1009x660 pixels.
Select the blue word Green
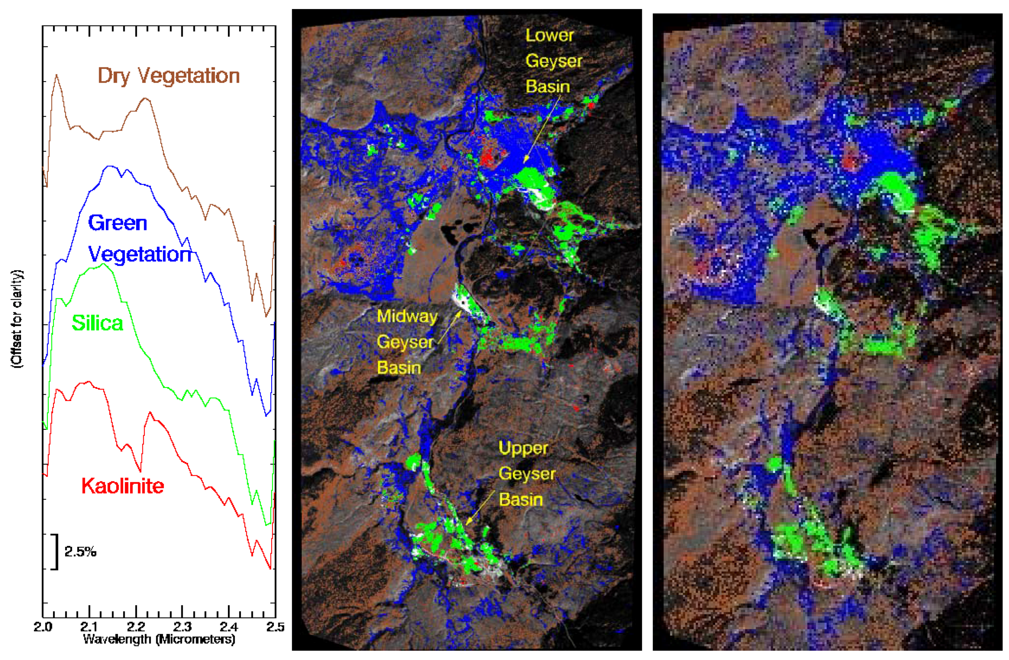coord(117,223)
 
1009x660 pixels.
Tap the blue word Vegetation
coord(140,255)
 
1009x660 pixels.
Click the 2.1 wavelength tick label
coord(89,627)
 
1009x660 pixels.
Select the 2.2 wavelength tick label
coord(136,627)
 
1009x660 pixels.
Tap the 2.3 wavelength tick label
coord(182,627)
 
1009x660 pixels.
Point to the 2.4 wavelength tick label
coord(229,627)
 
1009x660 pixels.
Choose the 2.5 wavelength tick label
coord(275,627)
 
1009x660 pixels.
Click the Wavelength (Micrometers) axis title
coord(159,639)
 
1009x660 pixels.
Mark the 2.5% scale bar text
coord(80,551)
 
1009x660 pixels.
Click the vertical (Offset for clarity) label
coord(18,319)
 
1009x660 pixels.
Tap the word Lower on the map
coord(549,36)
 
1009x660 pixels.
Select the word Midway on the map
coord(407,317)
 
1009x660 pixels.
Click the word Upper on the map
coord(524,448)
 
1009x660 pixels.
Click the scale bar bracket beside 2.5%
coord(56,551)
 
